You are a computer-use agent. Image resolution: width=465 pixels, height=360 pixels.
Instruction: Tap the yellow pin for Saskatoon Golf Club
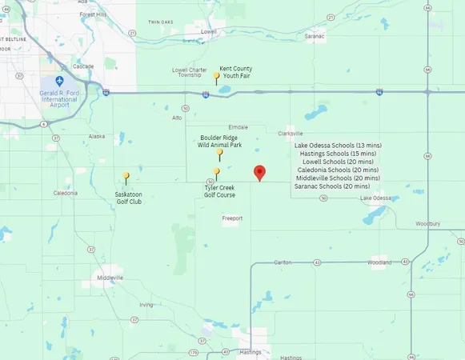point(126,177)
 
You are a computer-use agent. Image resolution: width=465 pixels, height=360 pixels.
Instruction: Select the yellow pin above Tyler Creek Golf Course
point(217,172)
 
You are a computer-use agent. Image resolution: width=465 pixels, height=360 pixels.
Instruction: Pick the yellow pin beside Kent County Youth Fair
point(216,77)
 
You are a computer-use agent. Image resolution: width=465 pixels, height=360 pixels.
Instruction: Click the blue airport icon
point(59,82)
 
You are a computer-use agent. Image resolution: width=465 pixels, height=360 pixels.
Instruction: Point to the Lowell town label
point(209,31)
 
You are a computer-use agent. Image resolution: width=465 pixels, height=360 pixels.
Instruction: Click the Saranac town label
point(315,36)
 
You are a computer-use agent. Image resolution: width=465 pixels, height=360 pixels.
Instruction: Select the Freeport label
point(232,218)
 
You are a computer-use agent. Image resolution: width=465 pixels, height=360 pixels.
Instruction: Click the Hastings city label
point(251,352)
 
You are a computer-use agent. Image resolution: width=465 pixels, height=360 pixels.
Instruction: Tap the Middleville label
point(110,278)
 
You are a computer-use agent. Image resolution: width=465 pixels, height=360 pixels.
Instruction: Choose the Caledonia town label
point(66,193)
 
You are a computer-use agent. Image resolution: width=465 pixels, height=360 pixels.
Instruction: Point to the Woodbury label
point(428,224)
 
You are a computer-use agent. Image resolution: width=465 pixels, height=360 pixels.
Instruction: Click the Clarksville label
point(291,134)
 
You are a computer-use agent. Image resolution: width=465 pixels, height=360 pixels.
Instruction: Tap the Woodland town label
point(379,262)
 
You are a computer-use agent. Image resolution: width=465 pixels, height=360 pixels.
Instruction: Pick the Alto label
point(177,118)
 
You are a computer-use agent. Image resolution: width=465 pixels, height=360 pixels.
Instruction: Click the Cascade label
point(82,66)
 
